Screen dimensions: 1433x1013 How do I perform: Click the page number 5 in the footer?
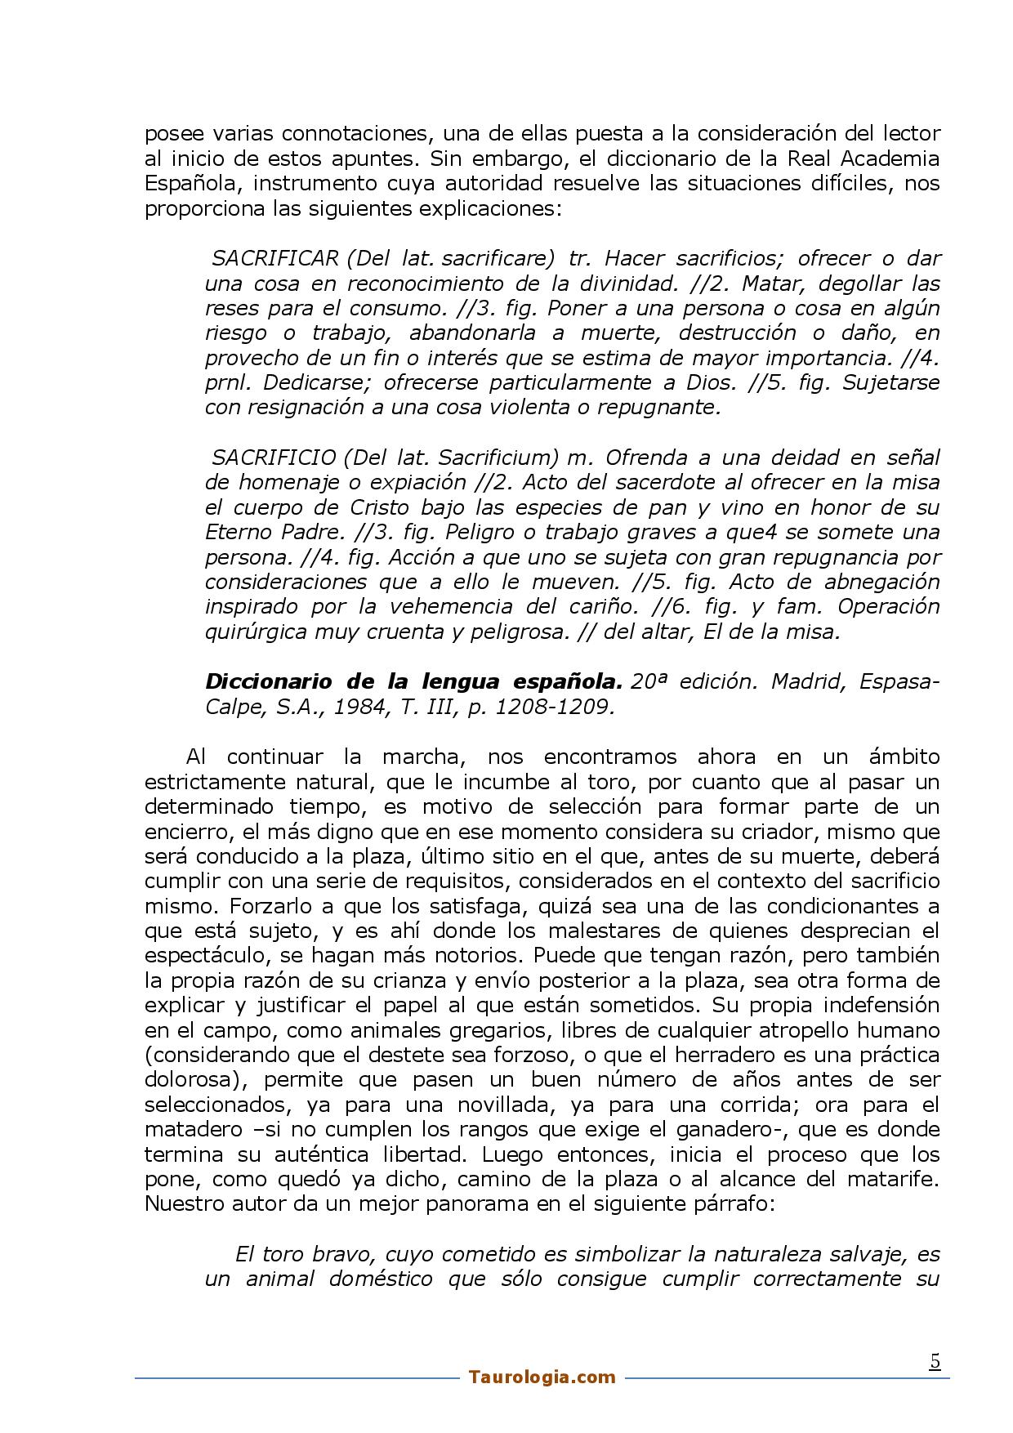click(935, 1361)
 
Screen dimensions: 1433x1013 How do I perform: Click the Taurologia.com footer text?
click(542, 1377)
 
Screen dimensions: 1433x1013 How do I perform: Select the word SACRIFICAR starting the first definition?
click(274, 259)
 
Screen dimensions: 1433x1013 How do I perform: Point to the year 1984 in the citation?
click(360, 707)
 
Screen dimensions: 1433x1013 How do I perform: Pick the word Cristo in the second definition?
click(385, 507)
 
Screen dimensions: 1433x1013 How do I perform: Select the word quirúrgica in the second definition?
click(254, 632)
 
